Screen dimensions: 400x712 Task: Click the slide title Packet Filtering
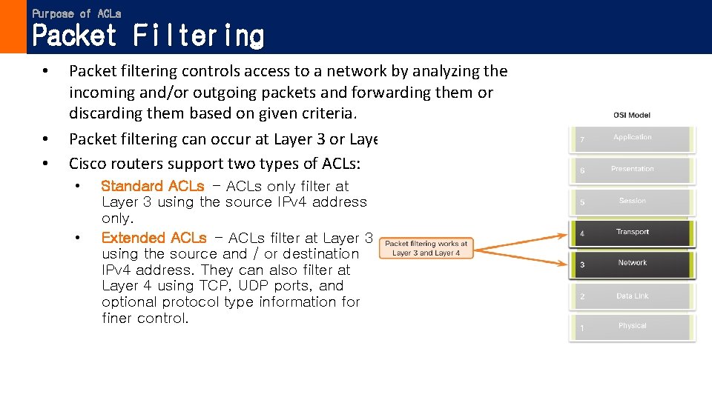148,36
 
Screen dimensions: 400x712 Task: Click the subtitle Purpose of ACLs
76,13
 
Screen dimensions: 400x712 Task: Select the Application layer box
633,139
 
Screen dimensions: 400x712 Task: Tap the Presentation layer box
633,170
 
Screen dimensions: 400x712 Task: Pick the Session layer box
633,201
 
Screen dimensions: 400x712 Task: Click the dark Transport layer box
633,233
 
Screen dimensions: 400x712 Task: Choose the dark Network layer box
633,264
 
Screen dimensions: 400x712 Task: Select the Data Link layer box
633,296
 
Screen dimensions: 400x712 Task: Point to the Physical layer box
633,327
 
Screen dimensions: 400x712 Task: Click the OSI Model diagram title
632,116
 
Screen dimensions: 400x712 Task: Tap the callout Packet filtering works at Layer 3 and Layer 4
426,248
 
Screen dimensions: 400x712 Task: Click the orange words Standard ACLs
152,186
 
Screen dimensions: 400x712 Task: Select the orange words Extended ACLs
154,238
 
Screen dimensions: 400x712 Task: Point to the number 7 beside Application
582,140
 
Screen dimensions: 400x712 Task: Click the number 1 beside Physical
582,328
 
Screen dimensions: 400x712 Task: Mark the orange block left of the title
13,27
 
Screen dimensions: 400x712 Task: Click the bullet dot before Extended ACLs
77,238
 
